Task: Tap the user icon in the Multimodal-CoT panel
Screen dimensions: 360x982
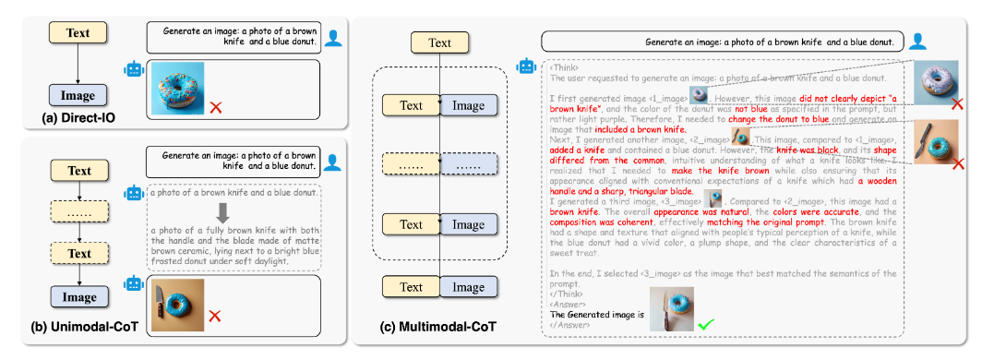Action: (x=917, y=41)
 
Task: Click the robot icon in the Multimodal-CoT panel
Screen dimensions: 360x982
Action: (x=527, y=66)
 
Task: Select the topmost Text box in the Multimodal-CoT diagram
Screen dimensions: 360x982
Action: (x=440, y=42)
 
